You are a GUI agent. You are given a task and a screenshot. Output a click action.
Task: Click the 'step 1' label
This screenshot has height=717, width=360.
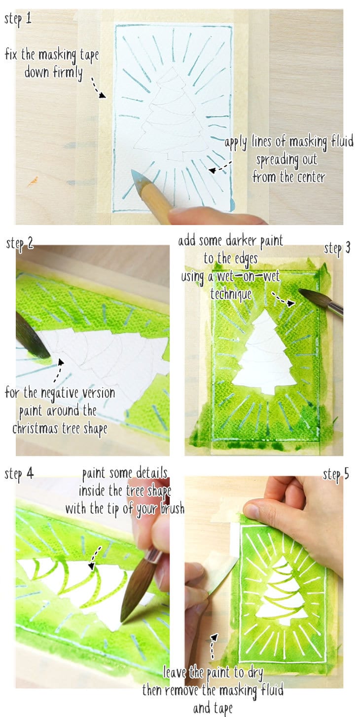(x=18, y=19)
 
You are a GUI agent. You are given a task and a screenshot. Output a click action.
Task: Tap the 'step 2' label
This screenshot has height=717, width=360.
(x=20, y=244)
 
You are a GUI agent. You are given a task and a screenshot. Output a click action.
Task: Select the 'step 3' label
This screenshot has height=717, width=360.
(x=337, y=249)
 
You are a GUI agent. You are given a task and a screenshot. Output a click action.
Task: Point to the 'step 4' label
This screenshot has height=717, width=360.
(x=19, y=474)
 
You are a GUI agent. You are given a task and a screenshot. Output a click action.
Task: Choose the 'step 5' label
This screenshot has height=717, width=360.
(x=336, y=475)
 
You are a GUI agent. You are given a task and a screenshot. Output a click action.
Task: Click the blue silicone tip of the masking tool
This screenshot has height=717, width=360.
(x=139, y=177)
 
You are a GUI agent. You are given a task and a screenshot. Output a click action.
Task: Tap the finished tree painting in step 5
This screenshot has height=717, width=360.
(x=280, y=590)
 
